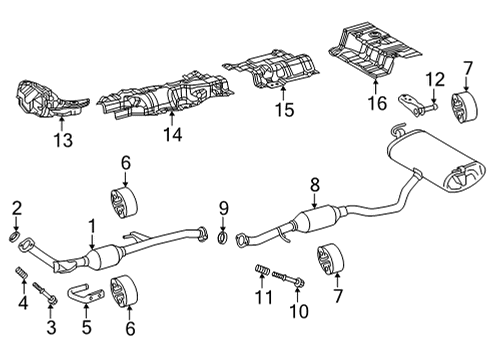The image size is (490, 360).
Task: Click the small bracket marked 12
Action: pos(421,104)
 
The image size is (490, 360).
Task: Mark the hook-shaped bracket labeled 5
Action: pos(83,294)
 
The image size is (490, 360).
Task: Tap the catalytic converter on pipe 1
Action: pos(106,260)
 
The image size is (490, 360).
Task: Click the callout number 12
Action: pos(433,79)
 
